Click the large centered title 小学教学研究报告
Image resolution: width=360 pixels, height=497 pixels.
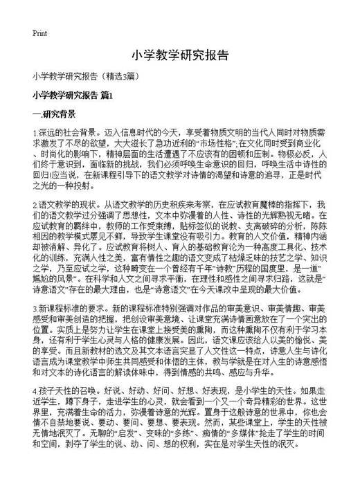179,55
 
